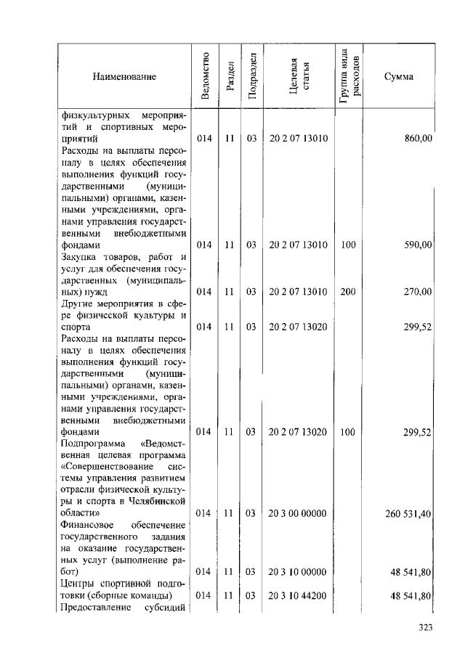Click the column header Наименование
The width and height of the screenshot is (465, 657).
tap(124, 77)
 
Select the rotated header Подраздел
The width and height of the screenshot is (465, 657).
tap(251, 76)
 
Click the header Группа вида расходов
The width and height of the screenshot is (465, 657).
tap(348, 76)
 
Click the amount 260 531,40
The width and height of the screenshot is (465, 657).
tap(409, 513)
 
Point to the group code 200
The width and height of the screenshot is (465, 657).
tap(348, 292)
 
